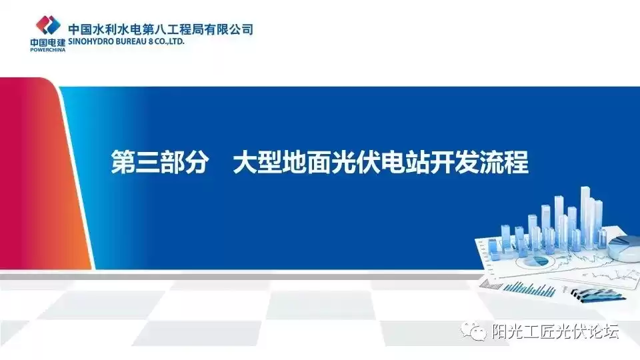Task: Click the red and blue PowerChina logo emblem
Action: tap(48, 25)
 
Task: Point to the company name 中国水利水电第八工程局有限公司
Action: tap(161, 29)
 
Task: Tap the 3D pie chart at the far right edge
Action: tap(626, 248)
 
